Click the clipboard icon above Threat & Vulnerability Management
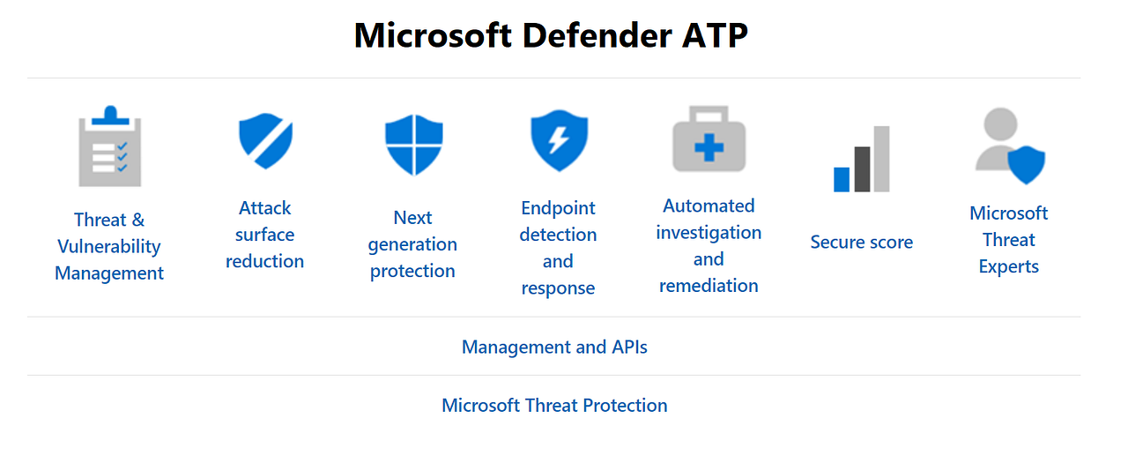110,148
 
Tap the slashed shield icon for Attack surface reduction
265,140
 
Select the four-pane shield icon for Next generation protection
413,145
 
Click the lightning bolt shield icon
559,139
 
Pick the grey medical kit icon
709,141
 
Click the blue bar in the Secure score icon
842,179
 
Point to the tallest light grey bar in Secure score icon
881,159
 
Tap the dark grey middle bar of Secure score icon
862,169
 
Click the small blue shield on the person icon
1026,165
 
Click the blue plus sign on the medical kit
709,147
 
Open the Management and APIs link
554,348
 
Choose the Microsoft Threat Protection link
554,406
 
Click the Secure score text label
861,243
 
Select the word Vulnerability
109,247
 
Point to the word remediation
709,286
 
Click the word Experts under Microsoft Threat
1008,267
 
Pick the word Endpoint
558,209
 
